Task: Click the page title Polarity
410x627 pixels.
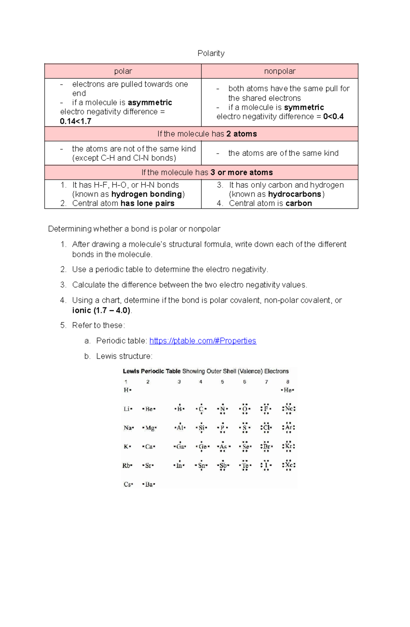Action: coord(211,53)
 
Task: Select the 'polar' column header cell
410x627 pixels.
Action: coord(123,71)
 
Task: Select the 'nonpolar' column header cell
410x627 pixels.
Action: coord(279,71)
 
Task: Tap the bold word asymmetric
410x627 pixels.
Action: coord(150,103)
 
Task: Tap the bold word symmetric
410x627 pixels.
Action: coord(304,107)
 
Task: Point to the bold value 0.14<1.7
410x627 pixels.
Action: coord(76,121)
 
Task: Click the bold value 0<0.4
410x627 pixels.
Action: coord(333,117)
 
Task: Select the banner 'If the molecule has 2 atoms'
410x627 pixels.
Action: coord(207,134)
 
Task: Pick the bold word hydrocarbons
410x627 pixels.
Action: coord(295,194)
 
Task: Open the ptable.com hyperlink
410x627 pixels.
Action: coord(203,341)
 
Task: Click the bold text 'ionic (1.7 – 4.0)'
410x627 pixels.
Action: coord(101,310)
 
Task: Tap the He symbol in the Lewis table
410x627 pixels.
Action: coord(287,390)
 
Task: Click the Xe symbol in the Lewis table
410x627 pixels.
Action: coord(289,465)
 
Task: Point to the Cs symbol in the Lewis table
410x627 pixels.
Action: coord(127,484)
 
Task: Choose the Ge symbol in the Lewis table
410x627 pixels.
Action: coord(202,447)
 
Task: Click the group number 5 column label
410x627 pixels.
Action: coord(222,382)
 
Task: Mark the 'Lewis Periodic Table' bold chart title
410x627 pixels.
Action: coord(152,371)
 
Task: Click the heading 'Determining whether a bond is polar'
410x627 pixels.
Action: coord(134,229)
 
